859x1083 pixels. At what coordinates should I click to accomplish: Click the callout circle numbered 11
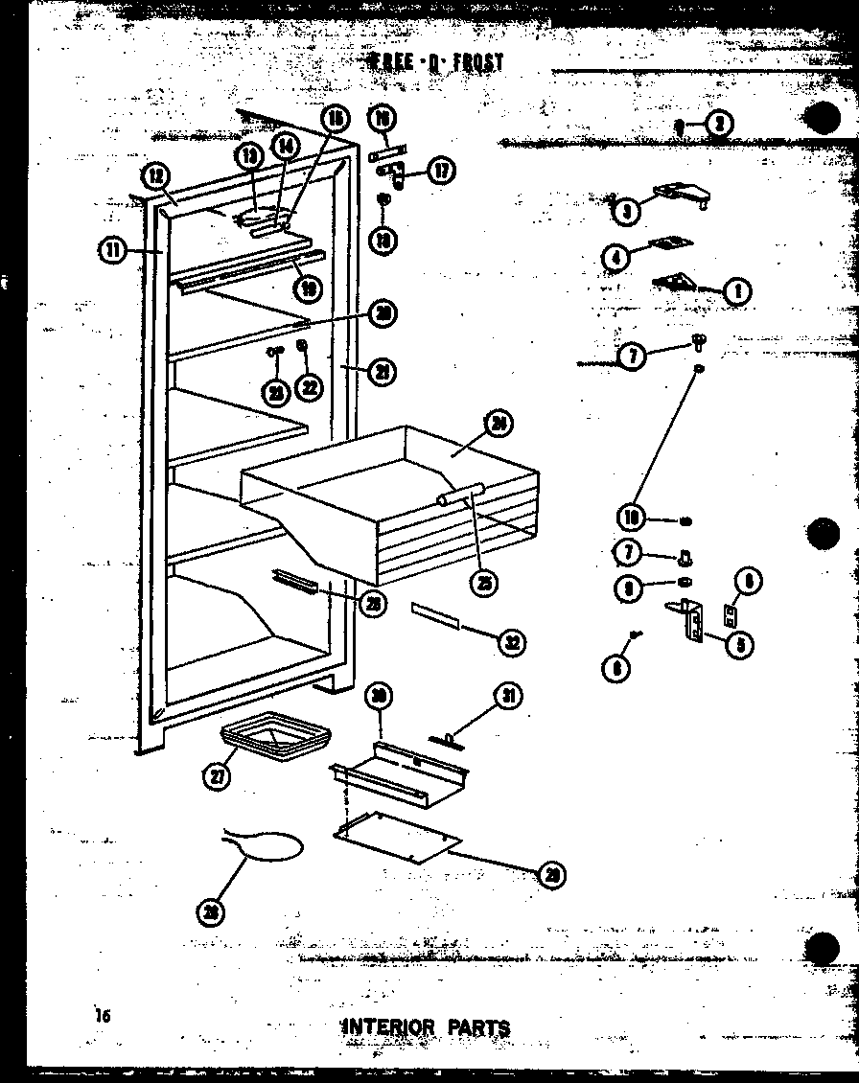(113, 250)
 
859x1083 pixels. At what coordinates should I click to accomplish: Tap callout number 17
(441, 172)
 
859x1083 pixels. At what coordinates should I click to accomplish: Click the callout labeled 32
(512, 641)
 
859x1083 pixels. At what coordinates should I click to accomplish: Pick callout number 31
(507, 697)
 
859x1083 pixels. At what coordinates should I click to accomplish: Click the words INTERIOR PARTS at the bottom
(426, 1027)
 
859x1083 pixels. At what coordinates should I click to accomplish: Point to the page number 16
(103, 1016)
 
